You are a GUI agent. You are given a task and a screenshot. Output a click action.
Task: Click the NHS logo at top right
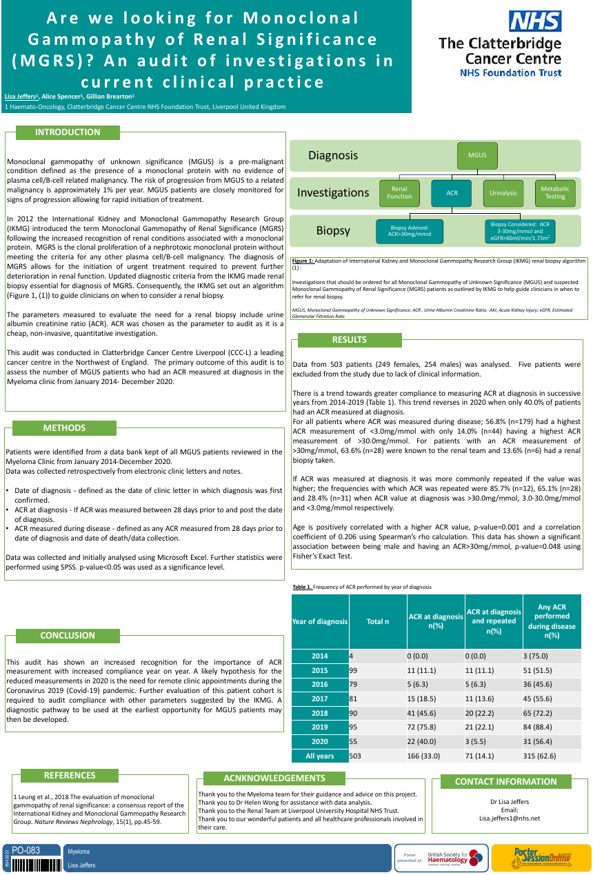click(x=534, y=21)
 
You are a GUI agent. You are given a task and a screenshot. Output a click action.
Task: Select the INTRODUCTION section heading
click(x=68, y=132)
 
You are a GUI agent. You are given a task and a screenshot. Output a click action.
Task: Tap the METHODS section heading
click(x=64, y=428)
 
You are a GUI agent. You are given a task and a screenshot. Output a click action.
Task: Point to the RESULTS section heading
click(x=350, y=340)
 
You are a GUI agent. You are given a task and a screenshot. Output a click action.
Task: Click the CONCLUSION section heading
click(x=68, y=636)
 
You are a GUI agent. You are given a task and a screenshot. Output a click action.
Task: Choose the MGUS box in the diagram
click(x=477, y=155)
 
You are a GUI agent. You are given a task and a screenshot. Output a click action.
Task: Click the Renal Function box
click(x=399, y=193)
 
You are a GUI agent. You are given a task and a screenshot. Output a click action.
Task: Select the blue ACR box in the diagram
click(x=452, y=193)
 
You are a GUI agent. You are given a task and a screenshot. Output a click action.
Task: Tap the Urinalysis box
click(x=503, y=193)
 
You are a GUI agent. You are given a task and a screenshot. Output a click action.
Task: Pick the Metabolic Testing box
click(x=555, y=193)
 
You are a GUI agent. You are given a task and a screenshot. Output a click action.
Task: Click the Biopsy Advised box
click(x=410, y=231)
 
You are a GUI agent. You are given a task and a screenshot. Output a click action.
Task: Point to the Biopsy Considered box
click(x=520, y=231)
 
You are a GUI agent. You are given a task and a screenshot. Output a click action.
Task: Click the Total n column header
click(x=377, y=622)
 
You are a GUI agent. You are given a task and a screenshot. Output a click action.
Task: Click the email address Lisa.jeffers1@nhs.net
click(x=510, y=818)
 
